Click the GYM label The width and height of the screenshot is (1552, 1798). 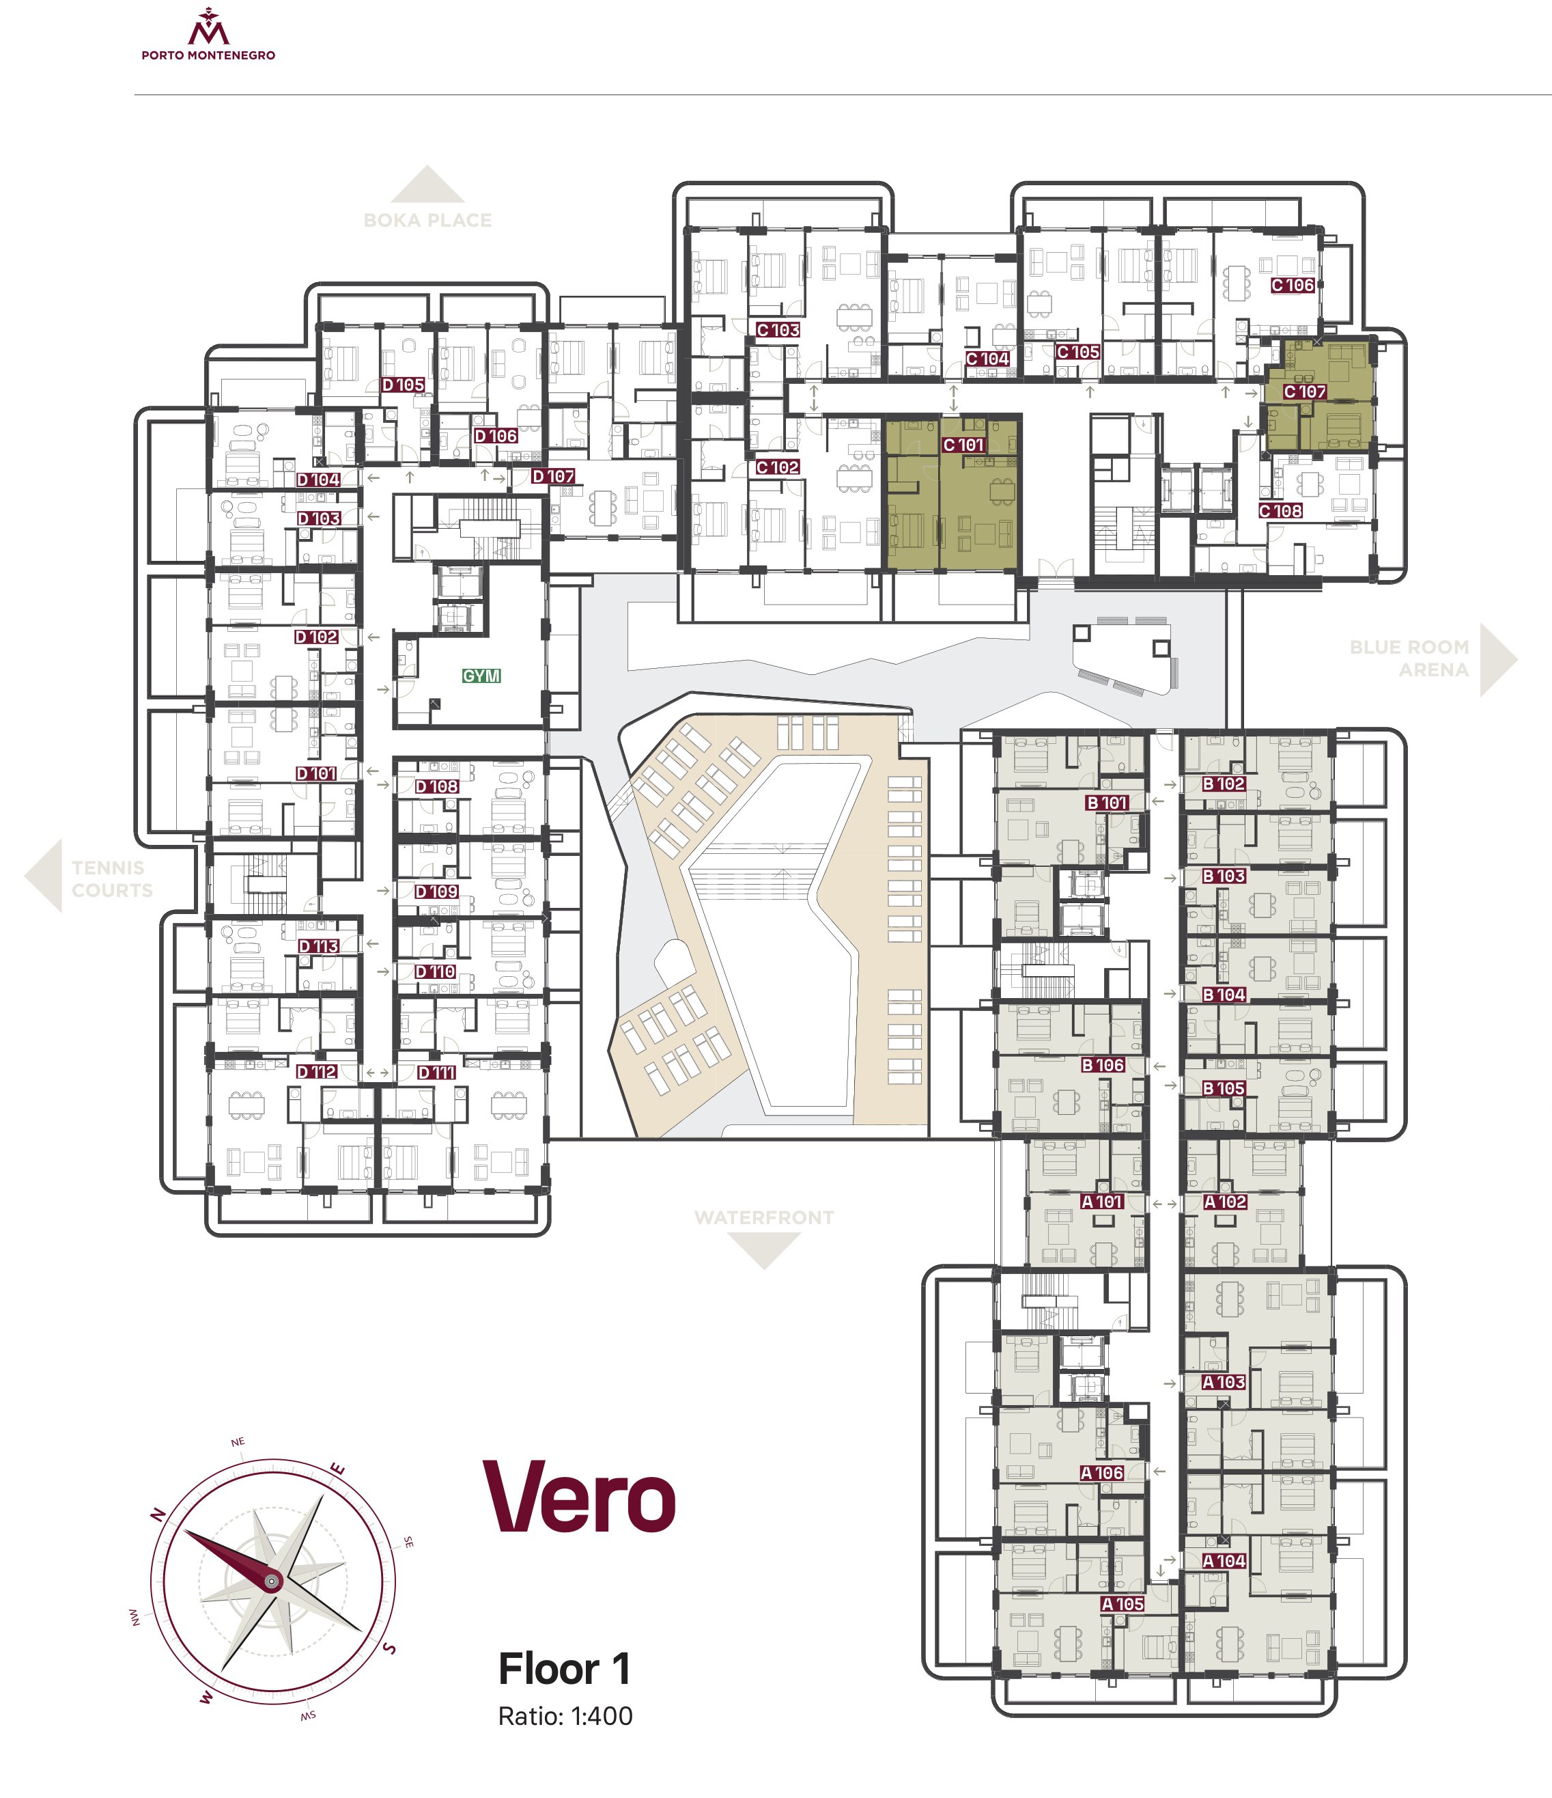click(481, 676)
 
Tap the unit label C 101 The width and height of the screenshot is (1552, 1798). click(964, 445)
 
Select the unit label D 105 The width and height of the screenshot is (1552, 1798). click(404, 385)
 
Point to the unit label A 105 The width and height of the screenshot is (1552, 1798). click(1123, 1605)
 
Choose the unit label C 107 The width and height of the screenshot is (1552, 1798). click(1305, 392)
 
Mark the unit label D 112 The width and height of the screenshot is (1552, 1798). click(317, 1072)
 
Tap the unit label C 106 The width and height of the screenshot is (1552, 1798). click(1293, 286)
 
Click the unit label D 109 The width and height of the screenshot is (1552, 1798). click(436, 892)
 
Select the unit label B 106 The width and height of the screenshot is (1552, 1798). click(1103, 1065)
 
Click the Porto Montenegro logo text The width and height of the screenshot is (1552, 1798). click(208, 55)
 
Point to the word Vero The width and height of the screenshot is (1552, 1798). click(580, 1497)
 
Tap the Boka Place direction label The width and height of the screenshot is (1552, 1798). click(427, 221)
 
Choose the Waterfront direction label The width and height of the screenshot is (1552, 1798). click(764, 1217)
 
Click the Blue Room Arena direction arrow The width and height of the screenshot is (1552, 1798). click(1498, 659)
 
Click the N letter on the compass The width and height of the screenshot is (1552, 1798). click(158, 1515)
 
